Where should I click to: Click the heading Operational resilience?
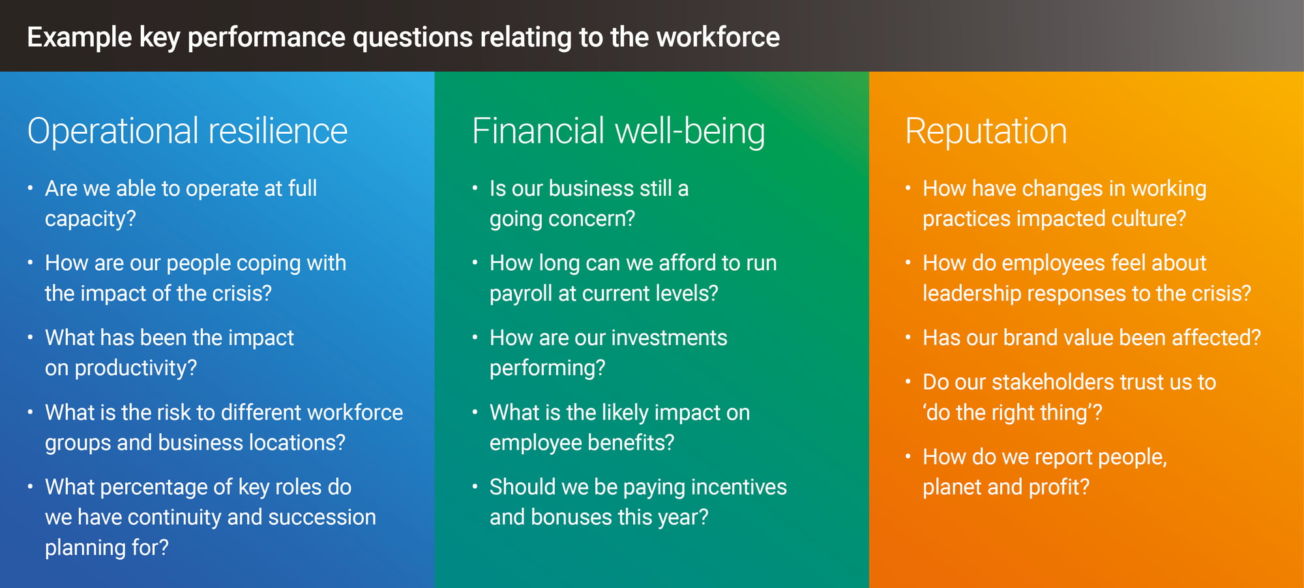(x=187, y=131)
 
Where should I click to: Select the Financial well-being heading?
(x=618, y=131)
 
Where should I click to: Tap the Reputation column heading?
(x=986, y=131)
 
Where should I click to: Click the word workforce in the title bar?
(x=718, y=37)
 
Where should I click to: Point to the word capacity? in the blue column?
(x=90, y=219)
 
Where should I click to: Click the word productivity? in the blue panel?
(x=136, y=368)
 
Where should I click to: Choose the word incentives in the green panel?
(x=739, y=487)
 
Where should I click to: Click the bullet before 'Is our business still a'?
(x=475, y=189)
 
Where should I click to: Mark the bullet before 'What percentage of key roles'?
(x=30, y=487)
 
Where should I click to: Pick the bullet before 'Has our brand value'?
(x=908, y=337)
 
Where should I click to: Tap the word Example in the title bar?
(x=80, y=37)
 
